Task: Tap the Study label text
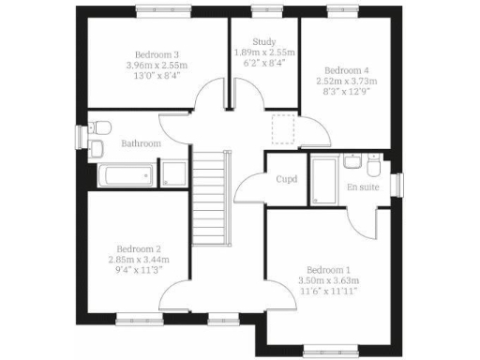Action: (x=263, y=41)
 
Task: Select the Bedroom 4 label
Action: (x=347, y=70)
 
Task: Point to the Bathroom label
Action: (x=141, y=143)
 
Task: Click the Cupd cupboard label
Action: (x=286, y=178)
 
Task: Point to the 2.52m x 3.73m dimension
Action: (x=347, y=82)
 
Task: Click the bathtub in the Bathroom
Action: (x=127, y=174)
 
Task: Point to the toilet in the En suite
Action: (x=373, y=166)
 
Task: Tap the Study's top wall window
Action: (x=263, y=10)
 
